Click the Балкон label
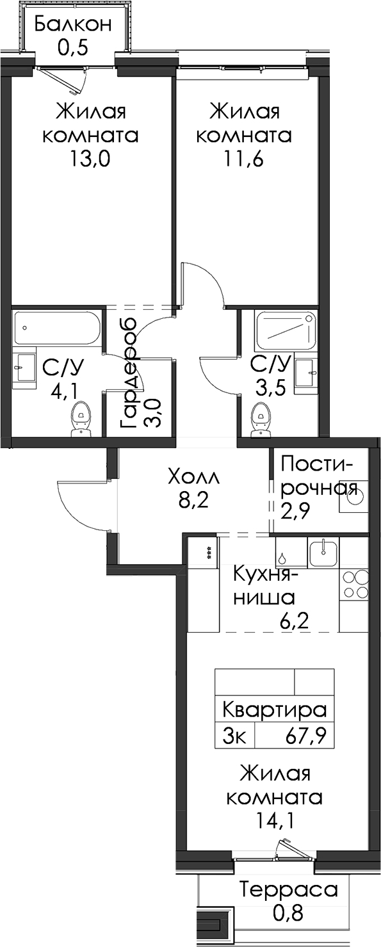[x=73, y=24]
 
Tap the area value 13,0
[x=90, y=159]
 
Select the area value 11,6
[x=243, y=159]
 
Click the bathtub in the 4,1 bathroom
[x=56, y=328]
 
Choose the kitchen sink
[x=323, y=553]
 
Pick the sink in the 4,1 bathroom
[x=24, y=368]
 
